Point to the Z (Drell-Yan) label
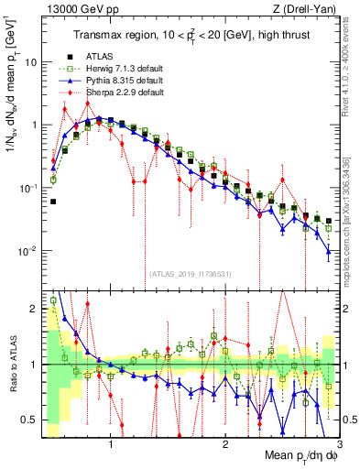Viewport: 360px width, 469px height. pos(307,8)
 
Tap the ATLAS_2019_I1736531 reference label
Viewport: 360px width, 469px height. pos(190,273)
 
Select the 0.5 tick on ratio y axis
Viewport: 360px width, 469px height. pos(31,420)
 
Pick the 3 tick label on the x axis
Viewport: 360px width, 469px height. pos(338,443)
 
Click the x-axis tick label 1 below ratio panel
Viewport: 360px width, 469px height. pos(111,443)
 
